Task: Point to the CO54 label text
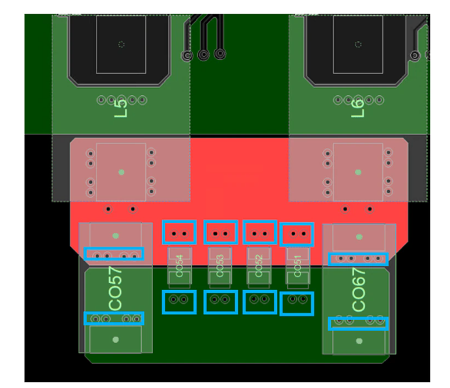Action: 180,264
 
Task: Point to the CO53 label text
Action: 220,264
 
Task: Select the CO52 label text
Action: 259,264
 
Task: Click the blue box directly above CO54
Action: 179,232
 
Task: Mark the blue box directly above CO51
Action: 297,233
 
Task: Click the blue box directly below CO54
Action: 179,301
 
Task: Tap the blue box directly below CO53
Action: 220,301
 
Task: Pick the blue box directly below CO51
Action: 296,303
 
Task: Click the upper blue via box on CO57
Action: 114,254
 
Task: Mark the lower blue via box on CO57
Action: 114,318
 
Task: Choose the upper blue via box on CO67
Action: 358,259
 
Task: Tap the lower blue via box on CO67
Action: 358,323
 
